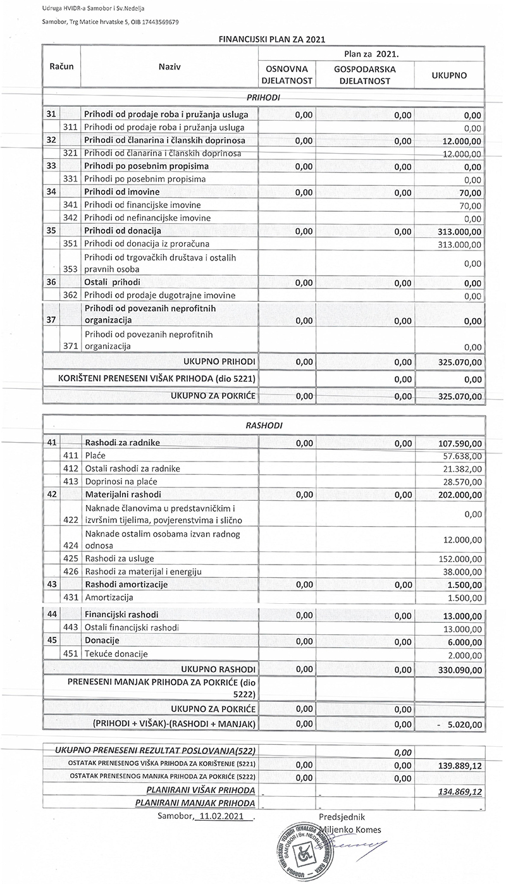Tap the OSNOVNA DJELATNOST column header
[x=286, y=75]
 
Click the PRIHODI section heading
[x=262, y=98]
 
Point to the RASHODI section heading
[x=263, y=426]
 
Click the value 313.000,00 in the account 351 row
[x=459, y=244]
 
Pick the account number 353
[x=70, y=269]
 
